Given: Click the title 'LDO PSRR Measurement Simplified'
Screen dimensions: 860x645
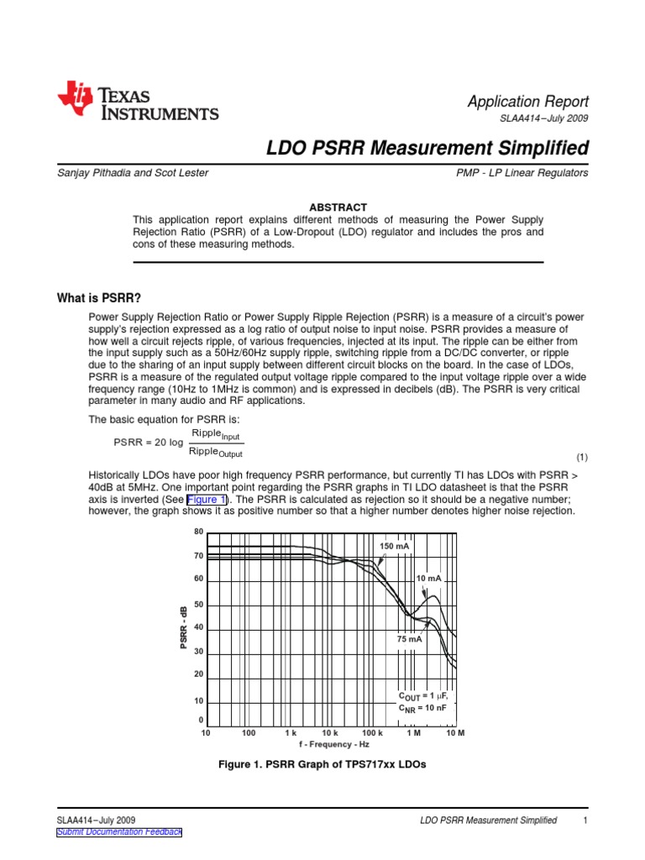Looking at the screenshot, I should pos(427,149).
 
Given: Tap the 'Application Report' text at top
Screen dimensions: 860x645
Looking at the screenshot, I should pos(527,101).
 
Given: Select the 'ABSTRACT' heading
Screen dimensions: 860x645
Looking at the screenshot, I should pos(339,207).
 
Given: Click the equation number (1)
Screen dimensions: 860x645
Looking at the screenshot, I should pos(582,458).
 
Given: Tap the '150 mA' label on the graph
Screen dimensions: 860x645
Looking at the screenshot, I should pos(395,546).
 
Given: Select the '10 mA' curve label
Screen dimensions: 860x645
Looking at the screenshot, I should pos(428,579).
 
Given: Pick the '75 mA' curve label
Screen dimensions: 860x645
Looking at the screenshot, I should pos(409,639).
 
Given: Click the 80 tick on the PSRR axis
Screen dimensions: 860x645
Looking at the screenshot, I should pos(199,532).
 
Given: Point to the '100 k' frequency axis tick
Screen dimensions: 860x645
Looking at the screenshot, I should pos(372,733).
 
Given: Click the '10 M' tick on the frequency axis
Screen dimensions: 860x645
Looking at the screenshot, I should pos(455,733).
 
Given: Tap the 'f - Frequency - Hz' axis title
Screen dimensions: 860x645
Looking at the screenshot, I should pos(333,744).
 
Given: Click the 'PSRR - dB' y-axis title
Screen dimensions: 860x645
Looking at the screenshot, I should pos(182,628).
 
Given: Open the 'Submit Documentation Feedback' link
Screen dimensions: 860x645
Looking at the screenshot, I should pos(118,831).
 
